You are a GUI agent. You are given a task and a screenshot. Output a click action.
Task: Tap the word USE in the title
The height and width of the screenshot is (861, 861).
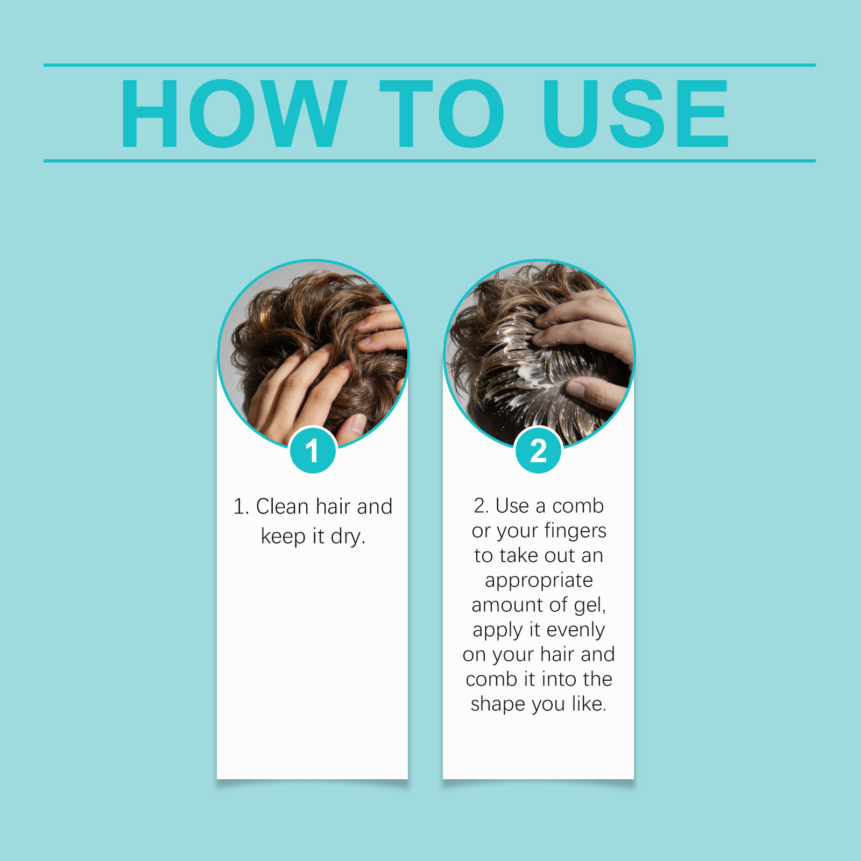(636, 113)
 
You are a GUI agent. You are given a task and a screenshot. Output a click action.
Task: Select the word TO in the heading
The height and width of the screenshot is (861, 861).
(441, 113)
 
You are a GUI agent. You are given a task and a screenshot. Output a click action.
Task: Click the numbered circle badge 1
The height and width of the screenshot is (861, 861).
(313, 450)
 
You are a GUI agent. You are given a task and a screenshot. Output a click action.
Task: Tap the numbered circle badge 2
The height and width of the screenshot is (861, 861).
(538, 450)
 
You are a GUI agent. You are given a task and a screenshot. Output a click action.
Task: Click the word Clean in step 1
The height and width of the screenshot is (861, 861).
(282, 506)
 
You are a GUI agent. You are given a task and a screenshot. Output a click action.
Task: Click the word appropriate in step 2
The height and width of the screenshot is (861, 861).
(539, 581)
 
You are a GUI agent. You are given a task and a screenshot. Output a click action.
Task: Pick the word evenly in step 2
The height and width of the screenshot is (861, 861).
(575, 630)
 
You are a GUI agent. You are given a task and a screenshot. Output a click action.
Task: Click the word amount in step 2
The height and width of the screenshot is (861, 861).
(507, 605)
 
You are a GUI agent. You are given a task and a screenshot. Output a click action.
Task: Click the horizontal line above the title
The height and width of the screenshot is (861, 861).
(429, 65)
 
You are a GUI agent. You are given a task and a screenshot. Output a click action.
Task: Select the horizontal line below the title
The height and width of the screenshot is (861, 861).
(429, 160)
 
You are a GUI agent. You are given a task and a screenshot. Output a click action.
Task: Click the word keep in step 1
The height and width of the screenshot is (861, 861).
(283, 537)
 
